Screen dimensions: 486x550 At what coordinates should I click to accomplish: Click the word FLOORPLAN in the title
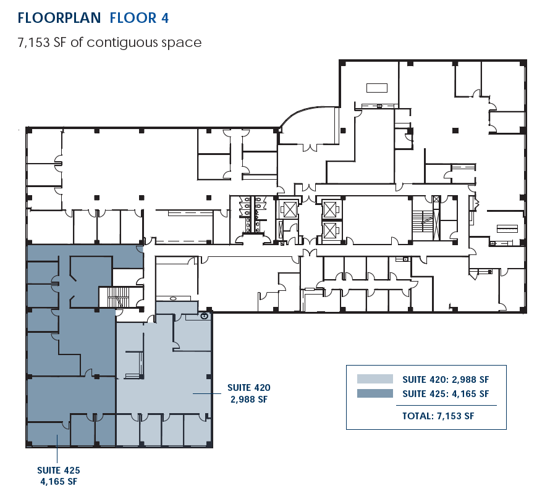pyautogui.click(x=59, y=18)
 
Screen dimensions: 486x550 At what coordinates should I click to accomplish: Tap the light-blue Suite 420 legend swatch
pyautogui.click(x=374, y=379)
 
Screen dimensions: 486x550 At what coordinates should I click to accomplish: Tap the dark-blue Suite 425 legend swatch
pyautogui.click(x=374, y=393)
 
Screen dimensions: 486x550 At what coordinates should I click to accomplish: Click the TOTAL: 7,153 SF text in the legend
pyautogui.click(x=438, y=416)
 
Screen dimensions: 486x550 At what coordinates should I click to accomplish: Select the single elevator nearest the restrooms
pyautogui.click(x=287, y=209)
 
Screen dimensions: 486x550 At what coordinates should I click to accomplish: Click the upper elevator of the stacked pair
pyautogui.click(x=331, y=209)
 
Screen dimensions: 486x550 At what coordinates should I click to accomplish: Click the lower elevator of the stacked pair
pyautogui.click(x=331, y=231)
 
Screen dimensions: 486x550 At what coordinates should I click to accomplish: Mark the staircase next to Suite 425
pyautogui.click(x=116, y=297)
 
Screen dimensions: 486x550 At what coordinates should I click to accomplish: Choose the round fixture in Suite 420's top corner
pyautogui.click(x=204, y=315)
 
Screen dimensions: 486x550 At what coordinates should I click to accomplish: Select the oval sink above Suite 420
pyautogui.click(x=173, y=298)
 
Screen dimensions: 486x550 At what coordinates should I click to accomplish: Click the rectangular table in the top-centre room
pyautogui.click(x=376, y=87)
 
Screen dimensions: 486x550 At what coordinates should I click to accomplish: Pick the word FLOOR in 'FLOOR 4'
pyautogui.click(x=131, y=18)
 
